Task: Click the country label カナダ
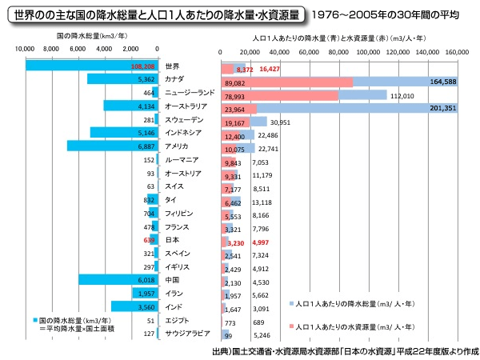175,80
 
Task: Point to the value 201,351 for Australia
442,108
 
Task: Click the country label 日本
171,239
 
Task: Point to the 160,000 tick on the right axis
457,50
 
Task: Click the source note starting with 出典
344,350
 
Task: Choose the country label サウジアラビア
187,333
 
